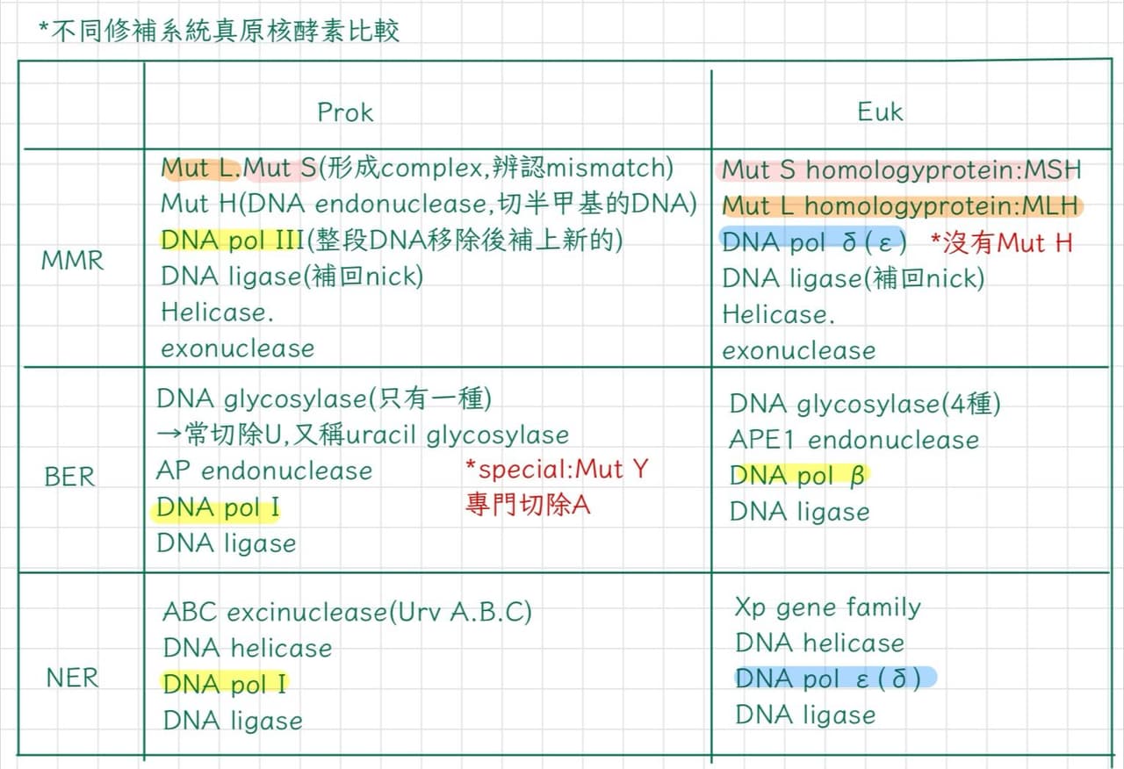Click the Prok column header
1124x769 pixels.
pos(345,112)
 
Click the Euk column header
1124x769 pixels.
pos(880,111)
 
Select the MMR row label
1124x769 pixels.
pos(72,261)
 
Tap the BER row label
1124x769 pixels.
pos(69,477)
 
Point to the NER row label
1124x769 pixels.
pos(72,678)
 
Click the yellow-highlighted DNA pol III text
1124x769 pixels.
pos(233,240)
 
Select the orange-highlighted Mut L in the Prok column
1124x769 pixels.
pos(198,168)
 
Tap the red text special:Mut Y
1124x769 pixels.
pos(557,470)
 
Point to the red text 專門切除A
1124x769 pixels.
pos(528,505)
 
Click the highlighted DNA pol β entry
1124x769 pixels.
pos(797,475)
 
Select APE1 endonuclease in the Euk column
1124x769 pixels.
pos(854,440)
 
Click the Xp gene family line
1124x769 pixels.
pos(828,608)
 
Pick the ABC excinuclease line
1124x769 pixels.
pos(347,612)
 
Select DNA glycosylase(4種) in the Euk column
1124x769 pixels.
pos(865,404)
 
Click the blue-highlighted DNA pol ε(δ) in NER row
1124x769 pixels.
pos(828,679)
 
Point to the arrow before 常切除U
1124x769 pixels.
pos(169,435)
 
